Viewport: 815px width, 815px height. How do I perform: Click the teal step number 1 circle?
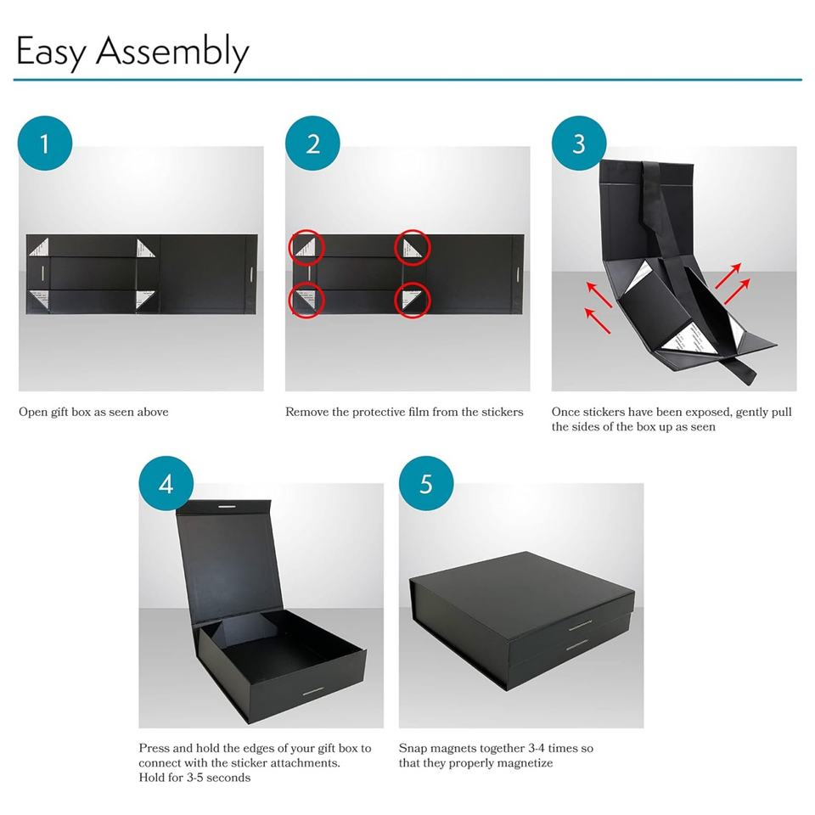[45, 143]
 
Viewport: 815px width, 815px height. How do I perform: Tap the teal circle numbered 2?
[312, 143]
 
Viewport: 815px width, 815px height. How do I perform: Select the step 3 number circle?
[579, 143]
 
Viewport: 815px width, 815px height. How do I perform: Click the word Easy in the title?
[51, 53]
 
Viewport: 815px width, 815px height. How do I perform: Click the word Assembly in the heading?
[172, 53]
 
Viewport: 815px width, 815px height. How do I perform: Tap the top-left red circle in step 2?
[306, 247]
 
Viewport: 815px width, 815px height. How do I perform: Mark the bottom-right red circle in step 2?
[413, 300]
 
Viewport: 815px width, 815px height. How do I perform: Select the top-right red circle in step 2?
[413, 247]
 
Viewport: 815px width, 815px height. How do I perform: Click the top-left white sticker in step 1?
[40, 247]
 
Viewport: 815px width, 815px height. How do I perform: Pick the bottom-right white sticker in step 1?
[144, 299]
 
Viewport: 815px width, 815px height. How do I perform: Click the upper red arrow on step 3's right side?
[728, 275]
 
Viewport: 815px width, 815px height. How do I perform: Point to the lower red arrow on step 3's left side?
[598, 320]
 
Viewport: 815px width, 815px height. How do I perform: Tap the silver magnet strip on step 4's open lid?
[227, 506]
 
